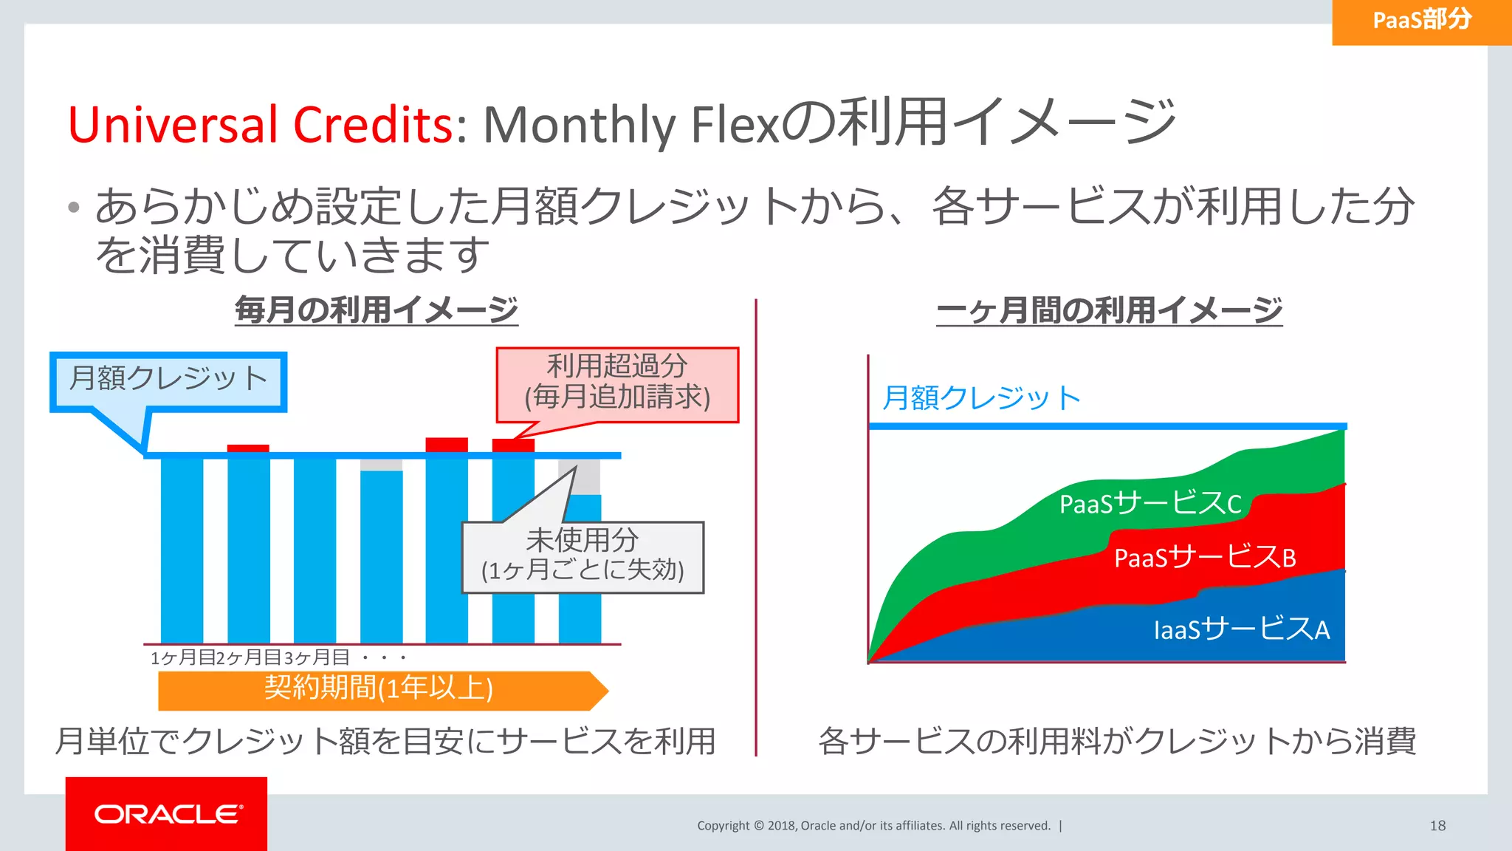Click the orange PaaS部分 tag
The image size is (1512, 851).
pyautogui.click(x=1421, y=21)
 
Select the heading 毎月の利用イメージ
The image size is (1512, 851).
pyautogui.click(x=376, y=310)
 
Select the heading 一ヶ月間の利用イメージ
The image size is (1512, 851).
pyautogui.click(x=1109, y=310)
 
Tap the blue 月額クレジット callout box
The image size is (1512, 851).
pyautogui.click(x=168, y=380)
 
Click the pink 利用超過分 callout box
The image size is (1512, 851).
pyautogui.click(x=617, y=383)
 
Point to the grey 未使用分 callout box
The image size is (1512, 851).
pyautogui.click(x=583, y=556)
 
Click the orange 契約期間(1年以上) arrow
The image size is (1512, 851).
pyautogui.click(x=380, y=689)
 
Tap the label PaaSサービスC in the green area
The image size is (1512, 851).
pyautogui.click(x=1150, y=504)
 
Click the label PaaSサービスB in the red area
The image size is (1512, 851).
pyautogui.click(x=1204, y=557)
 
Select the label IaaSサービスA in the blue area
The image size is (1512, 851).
pyautogui.click(x=1241, y=629)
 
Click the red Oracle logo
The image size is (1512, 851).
pyautogui.click(x=167, y=813)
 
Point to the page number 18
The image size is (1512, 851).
pyautogui.click(x=1437, y=826)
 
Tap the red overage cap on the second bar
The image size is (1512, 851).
pyautogui.click(x=248, y=448)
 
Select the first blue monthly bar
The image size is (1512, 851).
pyautogui.click(x=182, y=550)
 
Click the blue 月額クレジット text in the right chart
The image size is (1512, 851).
pyautogui.click(x=981, y=398)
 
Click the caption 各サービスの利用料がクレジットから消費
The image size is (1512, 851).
pyautogui.click(x=1116, y=741)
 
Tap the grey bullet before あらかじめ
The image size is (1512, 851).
pyautogui.click(x=73, y=208)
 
